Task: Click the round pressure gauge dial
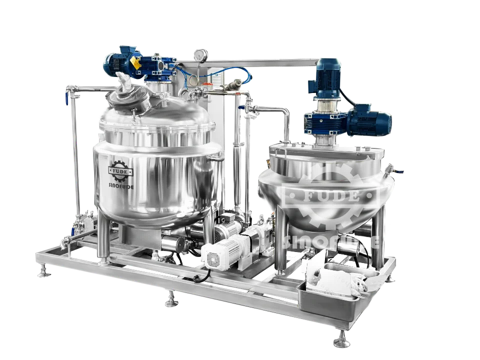[200, 55]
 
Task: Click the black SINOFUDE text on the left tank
[121, 186]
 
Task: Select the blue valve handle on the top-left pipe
[66, 99]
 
